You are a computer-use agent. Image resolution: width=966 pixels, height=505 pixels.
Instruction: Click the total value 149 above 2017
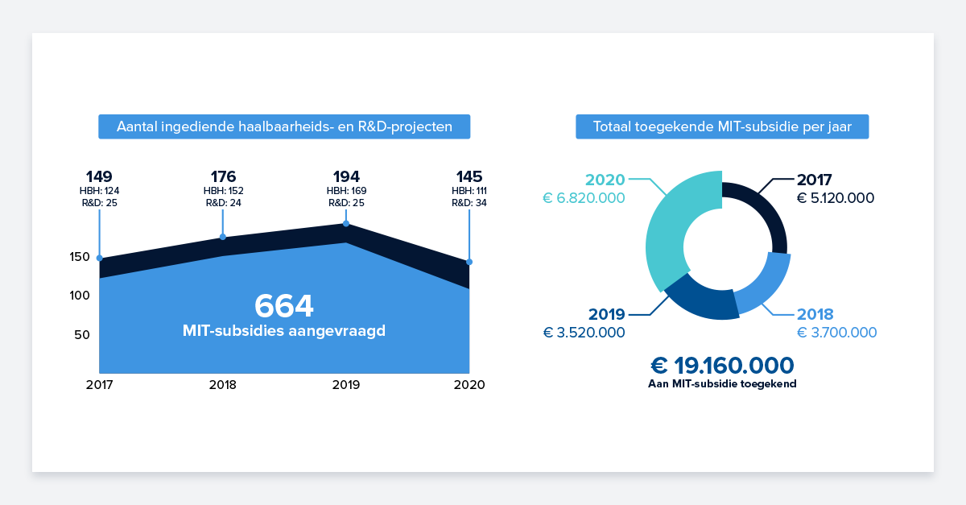coord(100,176)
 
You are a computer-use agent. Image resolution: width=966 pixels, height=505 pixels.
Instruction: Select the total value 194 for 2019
coord(346,176)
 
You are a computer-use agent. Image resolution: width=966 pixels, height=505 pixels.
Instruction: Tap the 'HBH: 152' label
coord(223,191)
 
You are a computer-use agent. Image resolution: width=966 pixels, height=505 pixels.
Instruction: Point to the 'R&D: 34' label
coord(469,203)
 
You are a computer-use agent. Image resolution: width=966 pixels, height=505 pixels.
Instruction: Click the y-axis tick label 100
coord(79,296)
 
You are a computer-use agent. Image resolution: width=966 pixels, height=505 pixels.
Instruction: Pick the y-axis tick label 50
coord(82,335)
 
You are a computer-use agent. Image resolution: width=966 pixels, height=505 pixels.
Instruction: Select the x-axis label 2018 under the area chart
coord(223,385)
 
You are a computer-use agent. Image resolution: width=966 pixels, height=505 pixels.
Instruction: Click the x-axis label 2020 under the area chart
coord(469,385)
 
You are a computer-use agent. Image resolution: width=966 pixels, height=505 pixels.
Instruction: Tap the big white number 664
coord(283,306)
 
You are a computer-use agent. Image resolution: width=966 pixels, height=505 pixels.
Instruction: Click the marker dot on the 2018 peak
coord(223,237)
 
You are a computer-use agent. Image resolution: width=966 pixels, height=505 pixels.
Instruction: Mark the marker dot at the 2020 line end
coord(469,262)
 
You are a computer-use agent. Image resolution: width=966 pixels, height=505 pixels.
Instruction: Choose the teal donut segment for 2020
coord(675,217)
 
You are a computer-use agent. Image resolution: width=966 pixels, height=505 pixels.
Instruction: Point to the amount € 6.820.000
coord(584,198)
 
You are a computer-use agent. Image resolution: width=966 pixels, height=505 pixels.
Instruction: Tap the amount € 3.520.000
coord(584,333)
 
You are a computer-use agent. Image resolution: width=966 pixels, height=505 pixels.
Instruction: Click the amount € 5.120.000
coord(836,198)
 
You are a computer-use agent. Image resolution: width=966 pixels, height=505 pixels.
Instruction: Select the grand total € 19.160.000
coord(722,366)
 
